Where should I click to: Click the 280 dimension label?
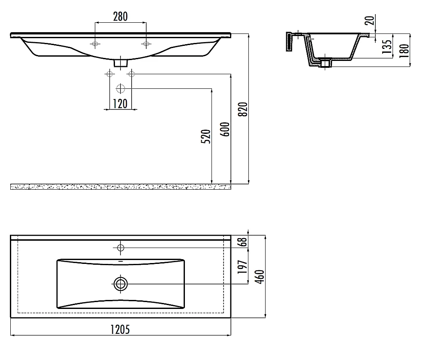[x=121, y=16]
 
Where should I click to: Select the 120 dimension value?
[x=121, y=104]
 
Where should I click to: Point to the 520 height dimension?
[x=206, y=136]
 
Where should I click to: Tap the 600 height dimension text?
[x=225, y=130]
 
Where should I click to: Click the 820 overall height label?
[x=243, y=109]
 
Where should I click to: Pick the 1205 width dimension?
[x=120, y=330]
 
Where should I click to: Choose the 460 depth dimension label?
[x=260, y=276]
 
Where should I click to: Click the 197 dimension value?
[x=242, y=267]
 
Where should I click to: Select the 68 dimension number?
[x=243, y=242]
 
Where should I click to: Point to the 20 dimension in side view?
[x=370, y=20]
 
